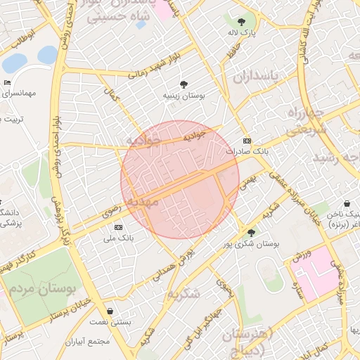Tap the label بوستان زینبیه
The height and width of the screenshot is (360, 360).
(x=184, y=95)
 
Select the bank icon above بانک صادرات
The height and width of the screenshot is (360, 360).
(x=246, y=141)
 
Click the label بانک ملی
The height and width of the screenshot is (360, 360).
(x=118, y=238)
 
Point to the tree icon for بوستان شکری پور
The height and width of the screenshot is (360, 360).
(x=251, y=232)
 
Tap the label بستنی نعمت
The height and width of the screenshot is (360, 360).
(x=110, y=322)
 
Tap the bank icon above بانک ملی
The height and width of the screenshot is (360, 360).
(x=118, y=227)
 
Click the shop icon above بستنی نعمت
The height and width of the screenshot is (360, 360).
(x=110, y=311)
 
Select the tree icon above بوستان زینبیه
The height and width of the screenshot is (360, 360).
(x=184, y=84)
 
